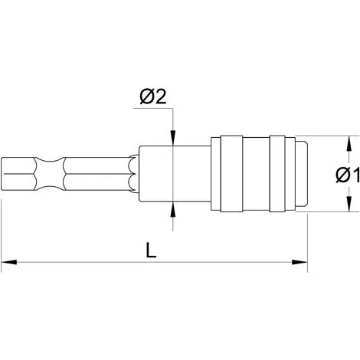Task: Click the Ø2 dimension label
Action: [x=153, y=97]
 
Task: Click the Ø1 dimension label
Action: [x=348, y=175]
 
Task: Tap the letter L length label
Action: [x=151, y=250]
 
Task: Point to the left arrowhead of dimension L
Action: [x=9, y=262]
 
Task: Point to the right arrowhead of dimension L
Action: [x=299, y=262]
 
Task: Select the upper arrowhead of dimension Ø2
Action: [x=173, y=138]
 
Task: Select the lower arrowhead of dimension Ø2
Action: [x=173, y=209]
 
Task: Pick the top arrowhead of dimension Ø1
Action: [x=349, y=143]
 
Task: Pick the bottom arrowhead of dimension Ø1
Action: [x=349, y=204]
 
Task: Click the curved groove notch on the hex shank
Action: [x=49, y=174]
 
